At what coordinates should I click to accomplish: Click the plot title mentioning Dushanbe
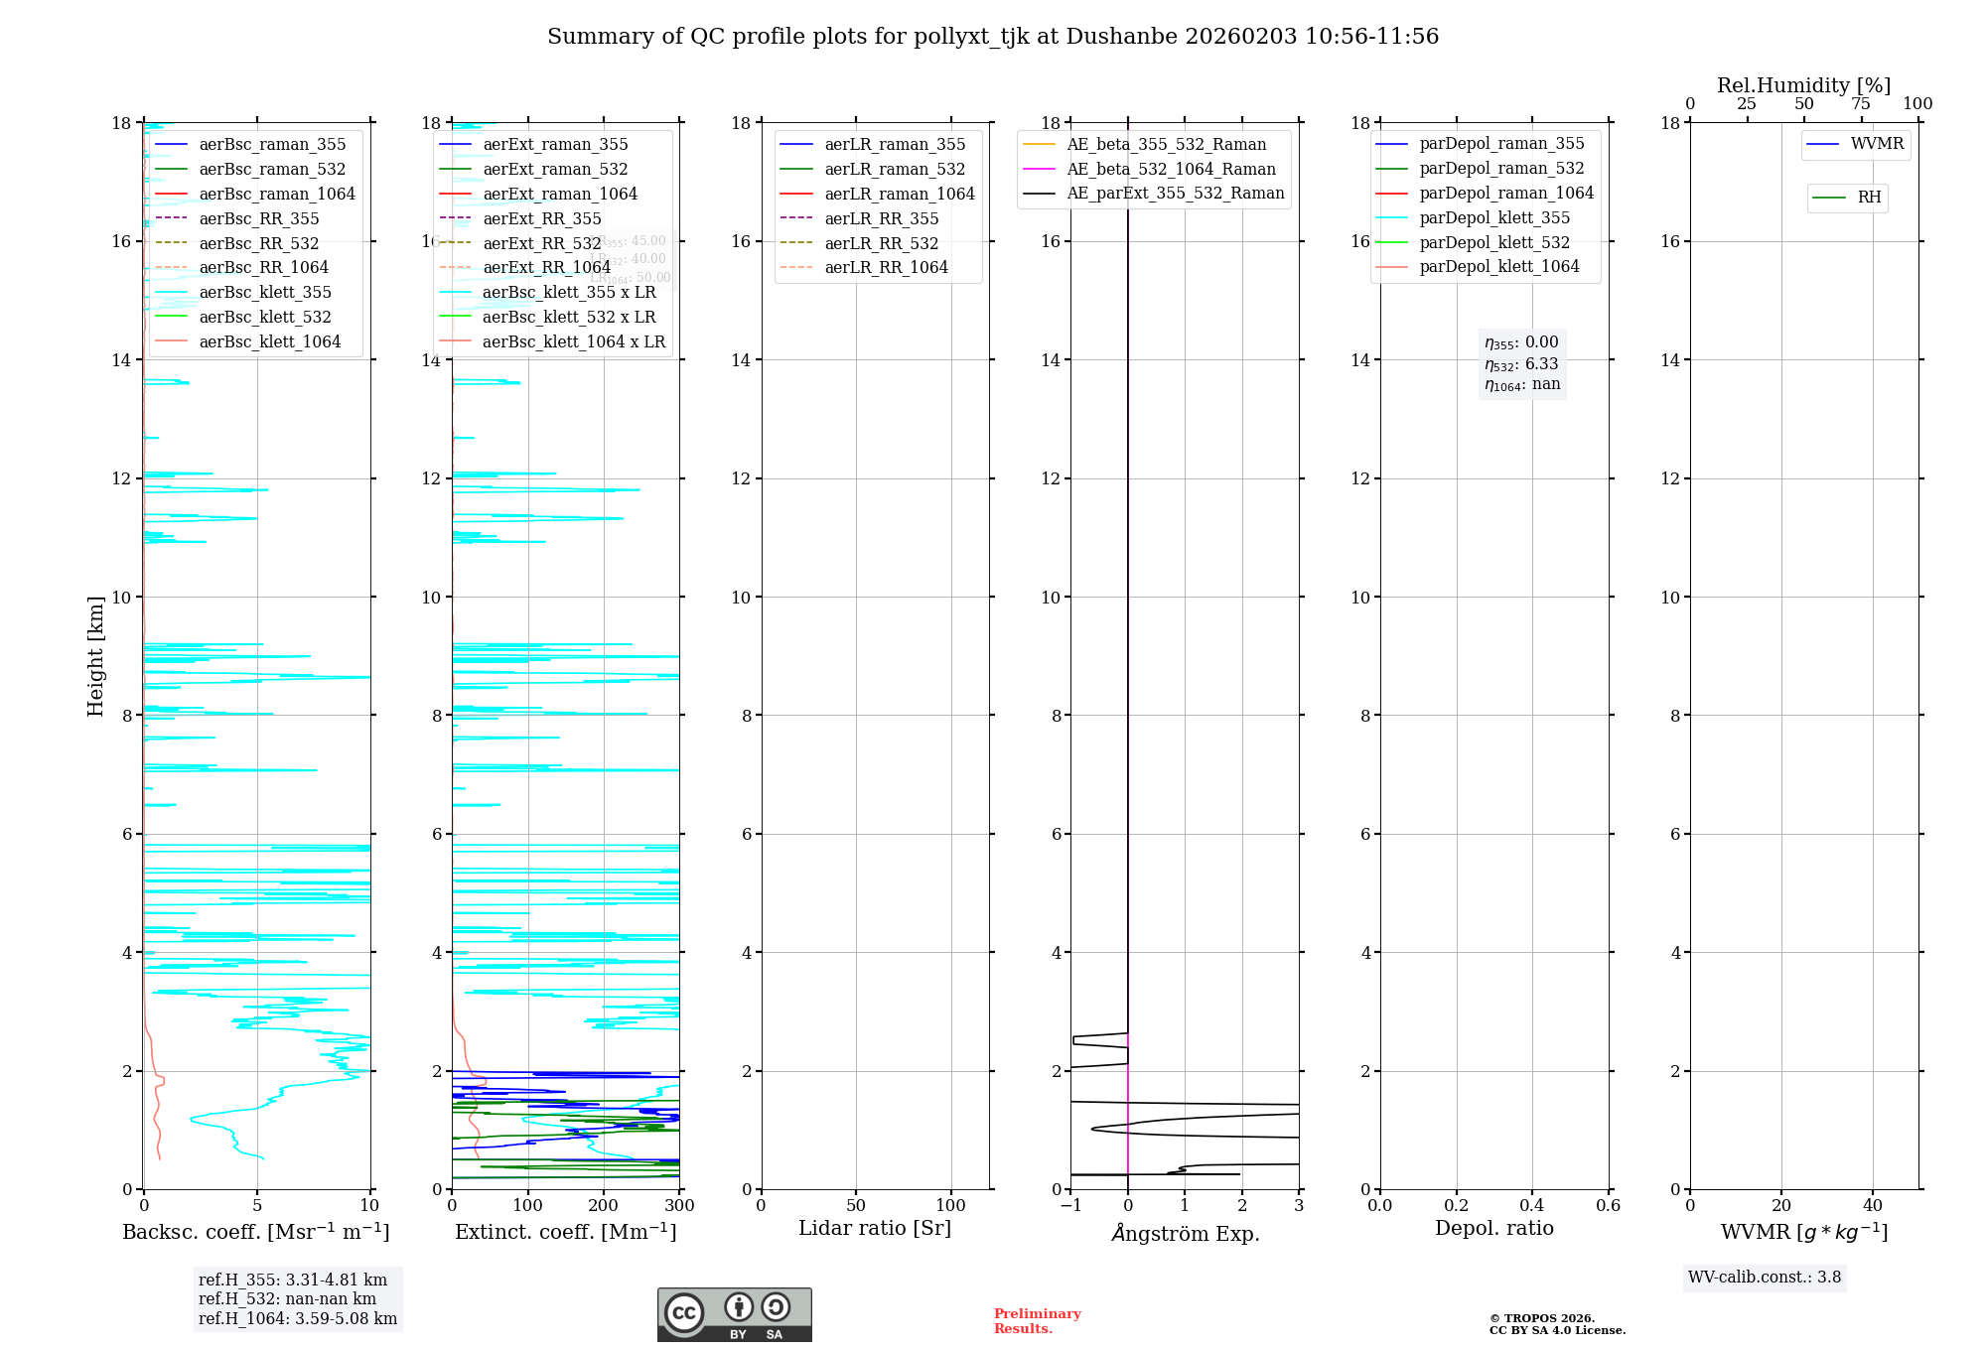pyautogui.click(x=993, y=37)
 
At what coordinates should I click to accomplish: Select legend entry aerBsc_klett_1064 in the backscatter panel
pyautogui.click(x=269, y=342)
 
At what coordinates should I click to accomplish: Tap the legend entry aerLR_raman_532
pyautogui.click(x=894, y=170)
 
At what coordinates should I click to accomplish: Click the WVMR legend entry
pyautogui.click(x=1876, y=144)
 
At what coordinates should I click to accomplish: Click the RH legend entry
pyautogui.click(x=1868, y=198)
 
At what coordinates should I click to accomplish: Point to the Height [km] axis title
pyautogui.click(x=95, y=656)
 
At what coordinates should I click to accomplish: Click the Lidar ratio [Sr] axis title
pyautogui.click(x=875, y=1229)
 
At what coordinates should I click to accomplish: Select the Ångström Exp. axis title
pyautogui.click(x=1185, y=1234)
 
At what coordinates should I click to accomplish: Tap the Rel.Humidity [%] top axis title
pyautogui.click(x=1803, y=85)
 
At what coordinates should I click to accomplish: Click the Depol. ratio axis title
pyautogui.click(x=1493, y=1229)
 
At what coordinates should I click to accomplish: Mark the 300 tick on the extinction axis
pyautogui.click(x=680, y=1206)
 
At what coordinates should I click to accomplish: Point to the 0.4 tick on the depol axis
pyautogui.click(x=1532, y=1206)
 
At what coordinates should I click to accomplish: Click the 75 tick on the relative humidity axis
pyautogui.click(x=1861, y=104)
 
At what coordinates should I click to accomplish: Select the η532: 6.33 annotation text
pyautogui.click(x=1521, y=364)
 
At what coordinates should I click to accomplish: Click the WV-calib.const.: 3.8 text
pyautogui.click(x=1764, y=1278)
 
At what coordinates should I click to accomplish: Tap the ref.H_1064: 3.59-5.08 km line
pyautogui.click(x=297, y=1319)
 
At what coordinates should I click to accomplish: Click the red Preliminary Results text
pyautogui.click(x=1037, y=1321)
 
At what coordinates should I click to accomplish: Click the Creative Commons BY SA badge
pyautogui.click(x=734, y=1315)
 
